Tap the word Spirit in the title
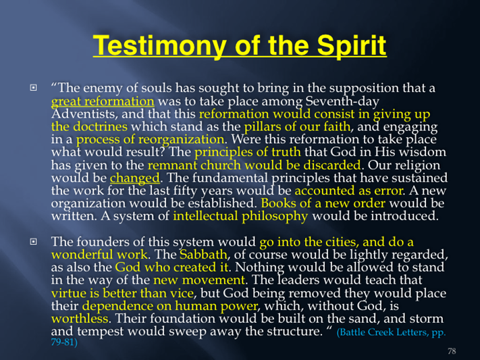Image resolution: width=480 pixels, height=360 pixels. coord(352,45)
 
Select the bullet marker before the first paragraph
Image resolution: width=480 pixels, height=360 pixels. coord(33,88)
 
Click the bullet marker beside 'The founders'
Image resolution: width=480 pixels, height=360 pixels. coord(33,242)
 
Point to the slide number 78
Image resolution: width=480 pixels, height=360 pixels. coord(452,351)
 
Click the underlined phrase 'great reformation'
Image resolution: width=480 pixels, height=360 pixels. coord(103,101)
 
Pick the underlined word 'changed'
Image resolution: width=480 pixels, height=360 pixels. coord(135,178)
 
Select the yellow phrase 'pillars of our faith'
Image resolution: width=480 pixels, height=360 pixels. coord(297,126)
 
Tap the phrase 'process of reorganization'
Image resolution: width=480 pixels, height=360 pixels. coord(150,140)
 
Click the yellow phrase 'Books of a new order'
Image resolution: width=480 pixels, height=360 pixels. coord(323,203)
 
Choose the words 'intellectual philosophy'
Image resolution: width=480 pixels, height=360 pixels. coord(240,216)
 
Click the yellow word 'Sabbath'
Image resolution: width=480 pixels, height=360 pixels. coord(203,255)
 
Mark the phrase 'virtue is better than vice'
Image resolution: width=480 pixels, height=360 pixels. coord(122,293)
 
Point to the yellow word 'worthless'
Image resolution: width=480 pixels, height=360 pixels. coord(80,319)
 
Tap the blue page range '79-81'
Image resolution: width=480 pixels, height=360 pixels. coord(62,342)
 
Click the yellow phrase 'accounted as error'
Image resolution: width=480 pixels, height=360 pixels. coord(348,191)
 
